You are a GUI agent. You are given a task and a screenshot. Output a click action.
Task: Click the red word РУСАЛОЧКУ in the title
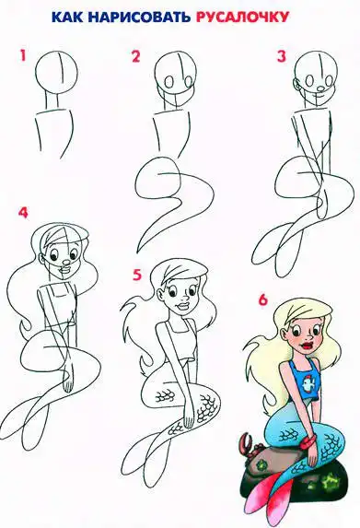[242, 18]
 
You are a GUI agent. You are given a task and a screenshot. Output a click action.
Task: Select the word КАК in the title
[69, 18]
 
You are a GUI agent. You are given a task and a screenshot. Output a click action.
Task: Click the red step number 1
[22, 55]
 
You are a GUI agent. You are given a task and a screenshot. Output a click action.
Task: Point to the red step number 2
[135, 56]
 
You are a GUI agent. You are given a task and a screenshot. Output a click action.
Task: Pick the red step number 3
[281, 56]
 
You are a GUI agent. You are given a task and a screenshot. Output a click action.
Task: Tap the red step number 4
[23, 213]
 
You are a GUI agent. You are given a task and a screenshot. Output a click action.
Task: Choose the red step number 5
[137, 275]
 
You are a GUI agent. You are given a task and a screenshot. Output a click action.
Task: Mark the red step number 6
[262, 299]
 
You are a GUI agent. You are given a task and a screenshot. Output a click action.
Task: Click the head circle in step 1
[57, 71]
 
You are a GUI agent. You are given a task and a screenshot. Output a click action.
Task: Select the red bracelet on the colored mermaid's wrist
[308, 441]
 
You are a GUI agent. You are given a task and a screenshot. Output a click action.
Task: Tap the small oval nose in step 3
[320, 88]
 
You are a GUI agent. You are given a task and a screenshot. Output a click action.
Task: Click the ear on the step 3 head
[296, 85]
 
